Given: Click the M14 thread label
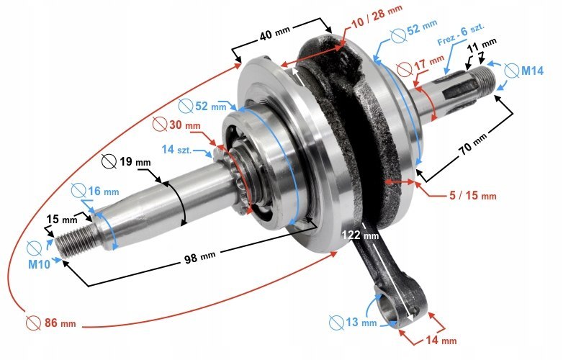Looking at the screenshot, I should (x=532, y=71).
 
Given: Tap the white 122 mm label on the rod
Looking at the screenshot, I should (x=359, y=235).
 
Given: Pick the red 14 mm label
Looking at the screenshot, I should (x=440, y=340).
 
